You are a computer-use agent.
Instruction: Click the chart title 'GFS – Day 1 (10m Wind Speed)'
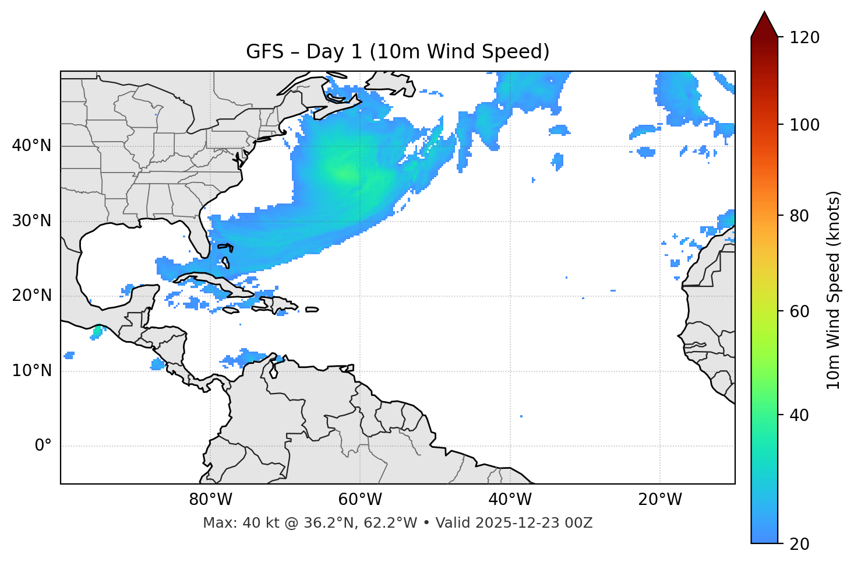(398, 52)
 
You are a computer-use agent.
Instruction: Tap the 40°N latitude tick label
(31, 146)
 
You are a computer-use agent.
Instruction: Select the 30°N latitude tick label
(31, 221)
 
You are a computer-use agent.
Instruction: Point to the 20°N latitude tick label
(31, 296)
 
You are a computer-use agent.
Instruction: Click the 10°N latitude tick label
(31, 371)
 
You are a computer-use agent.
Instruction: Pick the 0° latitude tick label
(43, 445)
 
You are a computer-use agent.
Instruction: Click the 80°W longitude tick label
(210, 500)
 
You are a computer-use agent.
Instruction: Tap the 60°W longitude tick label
(360, 500)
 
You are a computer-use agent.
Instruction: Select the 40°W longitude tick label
(510, 500)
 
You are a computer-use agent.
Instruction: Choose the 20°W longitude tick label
(659, 500)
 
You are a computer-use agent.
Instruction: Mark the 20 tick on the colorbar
(800, 543)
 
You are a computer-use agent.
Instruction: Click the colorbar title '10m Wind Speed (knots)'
(834, 290)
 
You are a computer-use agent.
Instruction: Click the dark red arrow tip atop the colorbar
(764, 23)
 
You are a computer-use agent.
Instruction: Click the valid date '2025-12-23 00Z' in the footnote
(534, 523)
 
